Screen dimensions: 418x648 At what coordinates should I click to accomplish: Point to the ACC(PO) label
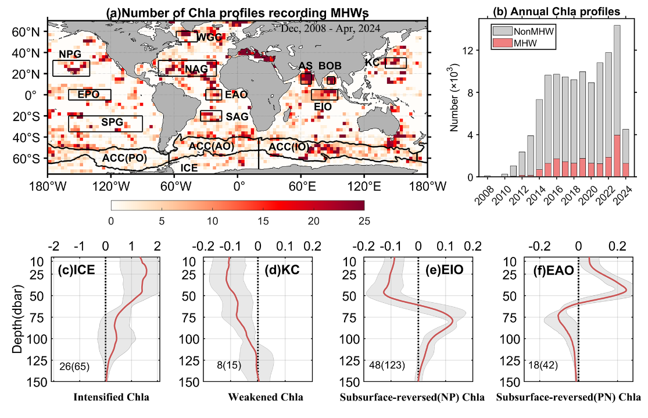click(x=124, y=158)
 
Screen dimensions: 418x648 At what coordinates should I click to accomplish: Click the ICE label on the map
click(x=189, y=168)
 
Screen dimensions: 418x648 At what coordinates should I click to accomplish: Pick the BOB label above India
click(x=330, y=66)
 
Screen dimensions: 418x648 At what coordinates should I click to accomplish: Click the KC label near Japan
click(x=373, y=62)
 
